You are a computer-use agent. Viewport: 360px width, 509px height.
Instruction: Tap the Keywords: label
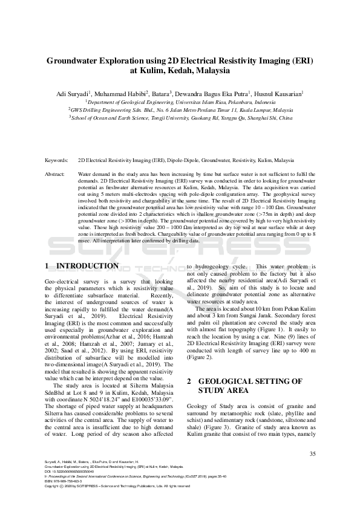(57, 161)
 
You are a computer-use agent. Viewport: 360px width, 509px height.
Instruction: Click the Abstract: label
(56, 173)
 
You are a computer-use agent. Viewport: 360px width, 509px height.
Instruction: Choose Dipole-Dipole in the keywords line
(183, 161)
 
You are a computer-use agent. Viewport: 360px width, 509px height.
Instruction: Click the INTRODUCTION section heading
(90, 266)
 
